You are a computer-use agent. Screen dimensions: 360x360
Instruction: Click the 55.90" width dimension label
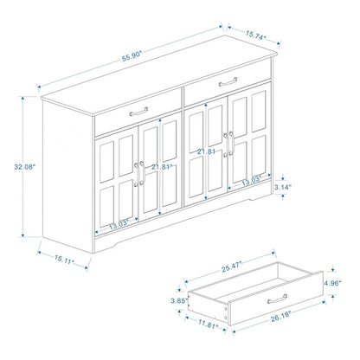click(x=132, y=54)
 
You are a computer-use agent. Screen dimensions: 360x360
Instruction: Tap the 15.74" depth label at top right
click(x=253, y=38)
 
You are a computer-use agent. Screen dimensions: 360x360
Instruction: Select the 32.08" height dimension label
click(x=24, y=166)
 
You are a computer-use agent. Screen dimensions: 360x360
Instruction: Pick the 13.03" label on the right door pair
click(x=251, y=180)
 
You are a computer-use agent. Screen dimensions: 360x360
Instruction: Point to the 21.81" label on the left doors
click(x=161, y=166)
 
